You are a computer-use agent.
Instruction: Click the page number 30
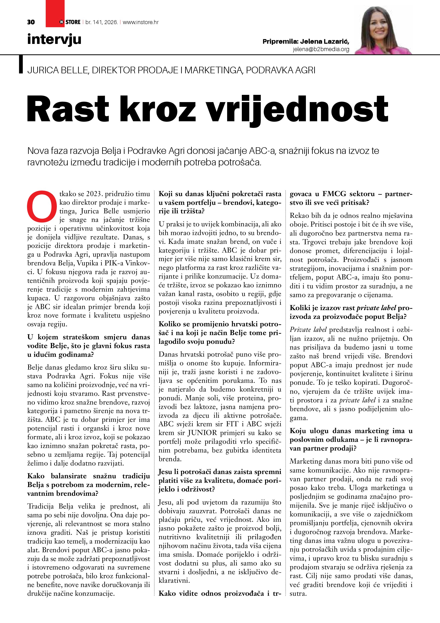coord(31,22)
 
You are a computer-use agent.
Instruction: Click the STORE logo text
coord(73,22)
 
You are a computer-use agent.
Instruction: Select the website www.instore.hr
coord(141,22)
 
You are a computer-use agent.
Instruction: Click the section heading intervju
coord(54,39)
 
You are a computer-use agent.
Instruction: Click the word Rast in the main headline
coord(68,109)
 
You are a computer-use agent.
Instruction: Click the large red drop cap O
coord(42,207)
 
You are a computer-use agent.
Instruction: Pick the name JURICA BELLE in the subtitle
coord(57,70)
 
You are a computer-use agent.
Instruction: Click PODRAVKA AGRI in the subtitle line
coord(281,70)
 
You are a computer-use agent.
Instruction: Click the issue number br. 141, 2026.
coord(101,22)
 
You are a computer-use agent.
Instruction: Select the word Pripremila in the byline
coord(280,42)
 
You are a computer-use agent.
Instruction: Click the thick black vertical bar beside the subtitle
coord(21,64)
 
